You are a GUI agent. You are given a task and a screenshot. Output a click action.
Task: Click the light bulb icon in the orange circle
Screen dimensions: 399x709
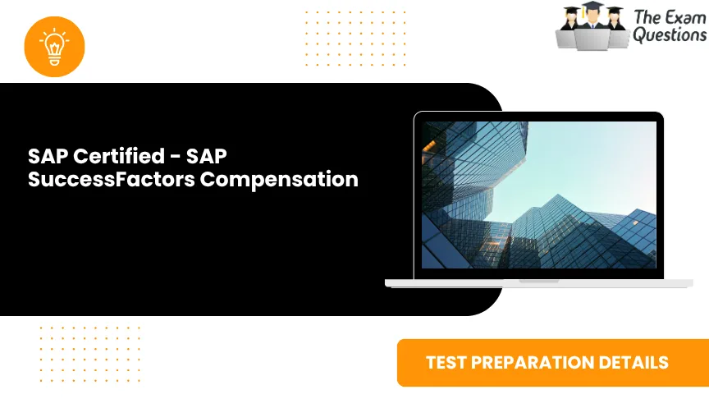tap(55, 46)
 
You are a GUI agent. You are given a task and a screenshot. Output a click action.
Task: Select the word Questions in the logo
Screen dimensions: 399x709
tap(669, 35)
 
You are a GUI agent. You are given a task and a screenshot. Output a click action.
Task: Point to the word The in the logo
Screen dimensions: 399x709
tap(646, 16)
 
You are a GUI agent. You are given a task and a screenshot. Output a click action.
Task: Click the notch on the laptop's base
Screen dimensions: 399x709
tap(538, 281)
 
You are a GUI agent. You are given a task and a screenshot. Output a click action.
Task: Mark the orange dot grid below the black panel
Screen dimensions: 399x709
tap(89, 354)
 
